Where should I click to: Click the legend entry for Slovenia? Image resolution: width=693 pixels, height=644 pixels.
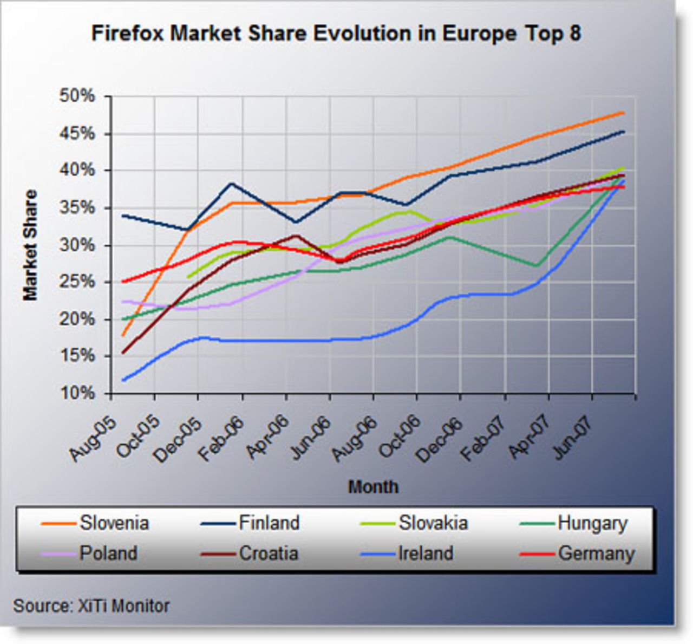point(114,523)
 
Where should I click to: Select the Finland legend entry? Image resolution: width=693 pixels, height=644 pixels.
point(269,523)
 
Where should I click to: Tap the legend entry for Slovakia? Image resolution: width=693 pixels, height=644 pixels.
point(433,523)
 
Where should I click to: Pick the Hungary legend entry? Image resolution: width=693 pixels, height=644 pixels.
point(592,523)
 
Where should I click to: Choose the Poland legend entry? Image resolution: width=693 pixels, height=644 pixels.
point(108,554)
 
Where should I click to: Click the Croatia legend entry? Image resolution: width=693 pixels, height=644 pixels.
point(269,554)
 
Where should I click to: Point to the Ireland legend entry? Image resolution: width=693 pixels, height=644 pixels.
point(426,554)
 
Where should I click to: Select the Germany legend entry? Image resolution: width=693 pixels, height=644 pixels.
point(596,554)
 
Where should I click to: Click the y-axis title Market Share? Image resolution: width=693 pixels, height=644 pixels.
point(30,245)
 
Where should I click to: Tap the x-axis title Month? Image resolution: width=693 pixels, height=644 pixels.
point(373,487)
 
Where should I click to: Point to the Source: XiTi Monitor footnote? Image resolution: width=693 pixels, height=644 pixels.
point(91,606)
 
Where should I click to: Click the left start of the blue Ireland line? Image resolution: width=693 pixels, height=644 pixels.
point(124,380)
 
